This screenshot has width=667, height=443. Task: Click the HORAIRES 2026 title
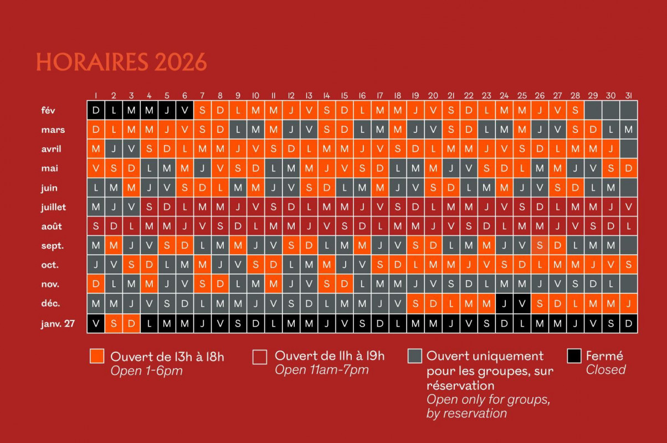[121, 61]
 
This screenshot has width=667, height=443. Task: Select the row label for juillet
[54, 207]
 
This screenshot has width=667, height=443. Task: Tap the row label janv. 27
[58, 323]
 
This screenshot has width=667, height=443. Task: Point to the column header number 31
[628, 96]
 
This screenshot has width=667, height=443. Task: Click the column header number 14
[327, 96]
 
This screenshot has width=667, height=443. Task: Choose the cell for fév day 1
[96, 110]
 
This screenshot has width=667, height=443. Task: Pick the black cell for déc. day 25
[522, 303]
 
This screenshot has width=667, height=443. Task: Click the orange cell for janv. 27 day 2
[114, 323]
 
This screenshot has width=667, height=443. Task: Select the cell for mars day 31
[628, 130]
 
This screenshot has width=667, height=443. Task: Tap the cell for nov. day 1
[96, 284]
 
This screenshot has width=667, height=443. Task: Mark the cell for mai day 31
[628, 168]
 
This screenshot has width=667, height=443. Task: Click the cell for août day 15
[345, 226]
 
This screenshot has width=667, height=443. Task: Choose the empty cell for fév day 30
[610, 110]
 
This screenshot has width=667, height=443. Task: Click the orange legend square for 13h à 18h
[97, 356]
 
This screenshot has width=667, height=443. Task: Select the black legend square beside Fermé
[574, 356]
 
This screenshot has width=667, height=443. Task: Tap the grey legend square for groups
[415, 356]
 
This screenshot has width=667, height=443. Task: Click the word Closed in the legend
[606, 370]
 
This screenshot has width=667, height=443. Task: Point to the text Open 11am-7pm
[321, 370]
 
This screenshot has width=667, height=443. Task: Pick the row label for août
[52, 226]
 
